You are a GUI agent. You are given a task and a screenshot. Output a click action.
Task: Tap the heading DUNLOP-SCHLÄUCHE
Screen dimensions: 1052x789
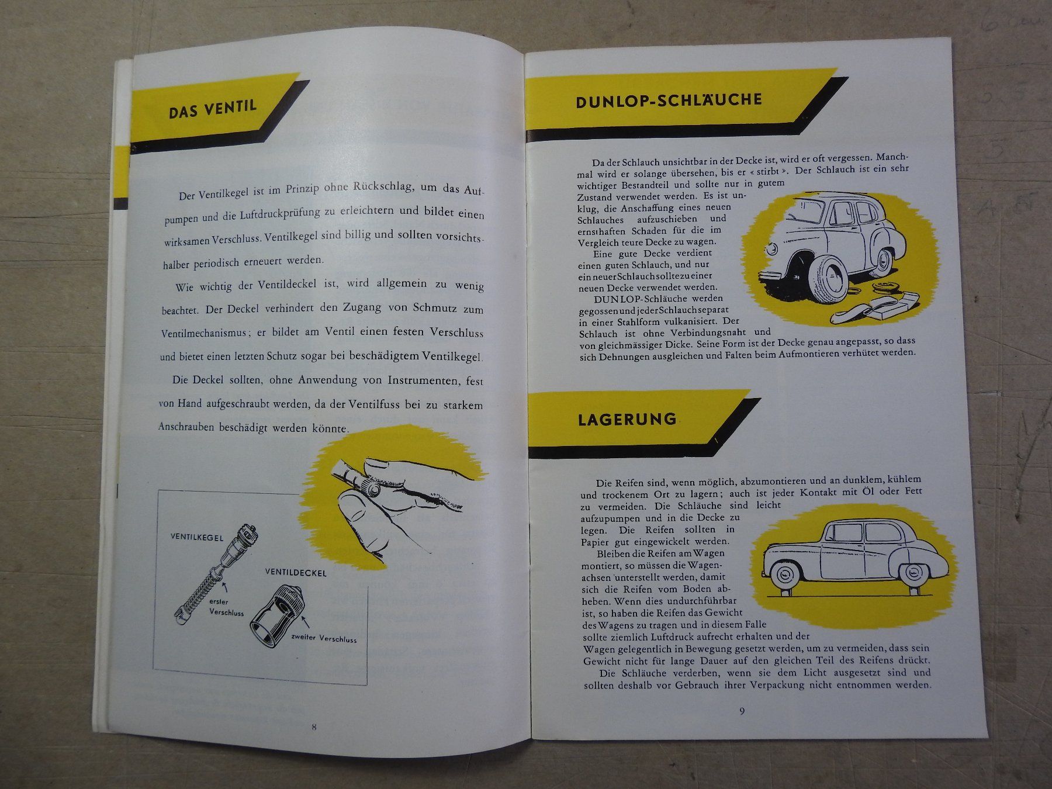click(x=669, y=100)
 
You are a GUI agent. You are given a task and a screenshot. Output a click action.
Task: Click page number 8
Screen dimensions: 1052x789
click(x=314, y=727)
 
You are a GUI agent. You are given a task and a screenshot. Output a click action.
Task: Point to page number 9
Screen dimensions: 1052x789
click(x=742, y=711)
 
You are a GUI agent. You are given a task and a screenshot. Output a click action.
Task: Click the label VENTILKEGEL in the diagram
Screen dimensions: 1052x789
click(x=197, y=537)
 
